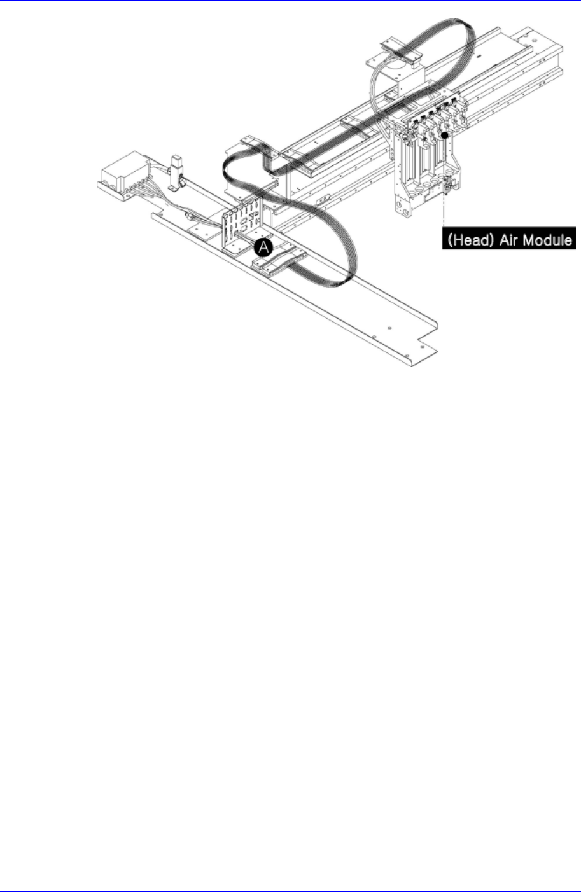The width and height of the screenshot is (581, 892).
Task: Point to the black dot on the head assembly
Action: [446, 135]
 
